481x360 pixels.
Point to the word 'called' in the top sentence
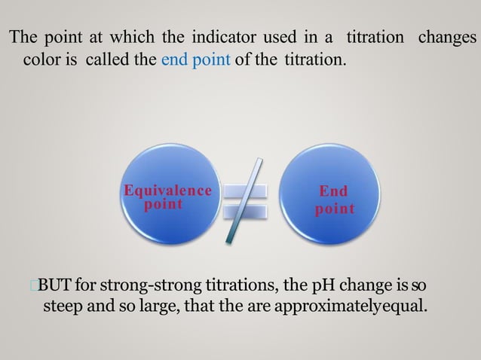pyautogui.click(x=111, y=59)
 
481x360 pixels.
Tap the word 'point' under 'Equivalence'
pyautogui.click(x=164, y=204)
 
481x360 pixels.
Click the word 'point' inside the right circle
pyautogui.click(x=334, y=209)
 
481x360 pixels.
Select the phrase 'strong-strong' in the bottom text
pyautogui.click(x=143, y=285)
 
